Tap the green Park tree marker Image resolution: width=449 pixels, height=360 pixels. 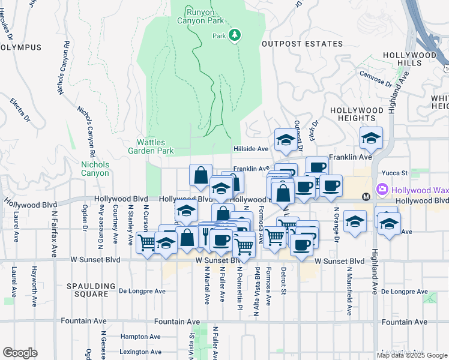pos(235,36)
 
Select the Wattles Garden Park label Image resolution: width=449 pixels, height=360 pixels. pos(155,146)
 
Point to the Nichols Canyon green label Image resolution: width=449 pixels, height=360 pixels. pos(95,169)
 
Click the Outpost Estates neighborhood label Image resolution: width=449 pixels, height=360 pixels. pos(302,44)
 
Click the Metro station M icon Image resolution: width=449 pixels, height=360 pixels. pos(365,196)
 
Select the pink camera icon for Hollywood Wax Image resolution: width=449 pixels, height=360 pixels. pos(382,190)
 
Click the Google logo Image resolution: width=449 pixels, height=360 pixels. pos(20,353)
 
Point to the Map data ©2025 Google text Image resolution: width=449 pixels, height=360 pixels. pos(412,355)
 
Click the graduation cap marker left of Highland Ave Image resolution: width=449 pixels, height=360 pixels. pos(371,137)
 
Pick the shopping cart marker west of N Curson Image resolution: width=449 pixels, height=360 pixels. pos(147,242)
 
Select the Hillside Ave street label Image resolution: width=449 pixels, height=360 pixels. pos(250,149)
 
